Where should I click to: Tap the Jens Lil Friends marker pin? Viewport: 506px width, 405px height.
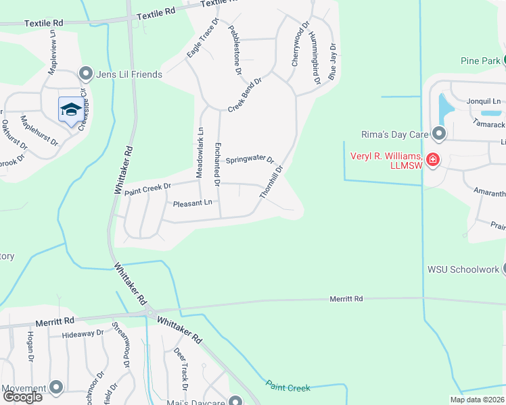(86, 74)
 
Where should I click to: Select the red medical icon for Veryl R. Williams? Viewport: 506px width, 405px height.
(432, 160)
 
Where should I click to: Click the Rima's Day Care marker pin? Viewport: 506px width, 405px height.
(440, 134)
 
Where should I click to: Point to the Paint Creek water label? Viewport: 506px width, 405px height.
(287, 387)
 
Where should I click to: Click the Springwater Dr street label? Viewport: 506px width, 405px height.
(250, 160)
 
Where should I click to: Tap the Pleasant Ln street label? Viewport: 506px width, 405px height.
(193, 203)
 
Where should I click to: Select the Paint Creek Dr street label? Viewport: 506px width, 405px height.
(148, 188)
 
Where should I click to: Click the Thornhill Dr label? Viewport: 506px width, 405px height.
(271, 182)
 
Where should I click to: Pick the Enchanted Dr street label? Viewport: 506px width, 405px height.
(217, 164)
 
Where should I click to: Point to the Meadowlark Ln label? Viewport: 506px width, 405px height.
(200, 153)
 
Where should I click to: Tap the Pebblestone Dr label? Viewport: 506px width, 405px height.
(235, 50)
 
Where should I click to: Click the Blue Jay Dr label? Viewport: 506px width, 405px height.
(332, 62)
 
